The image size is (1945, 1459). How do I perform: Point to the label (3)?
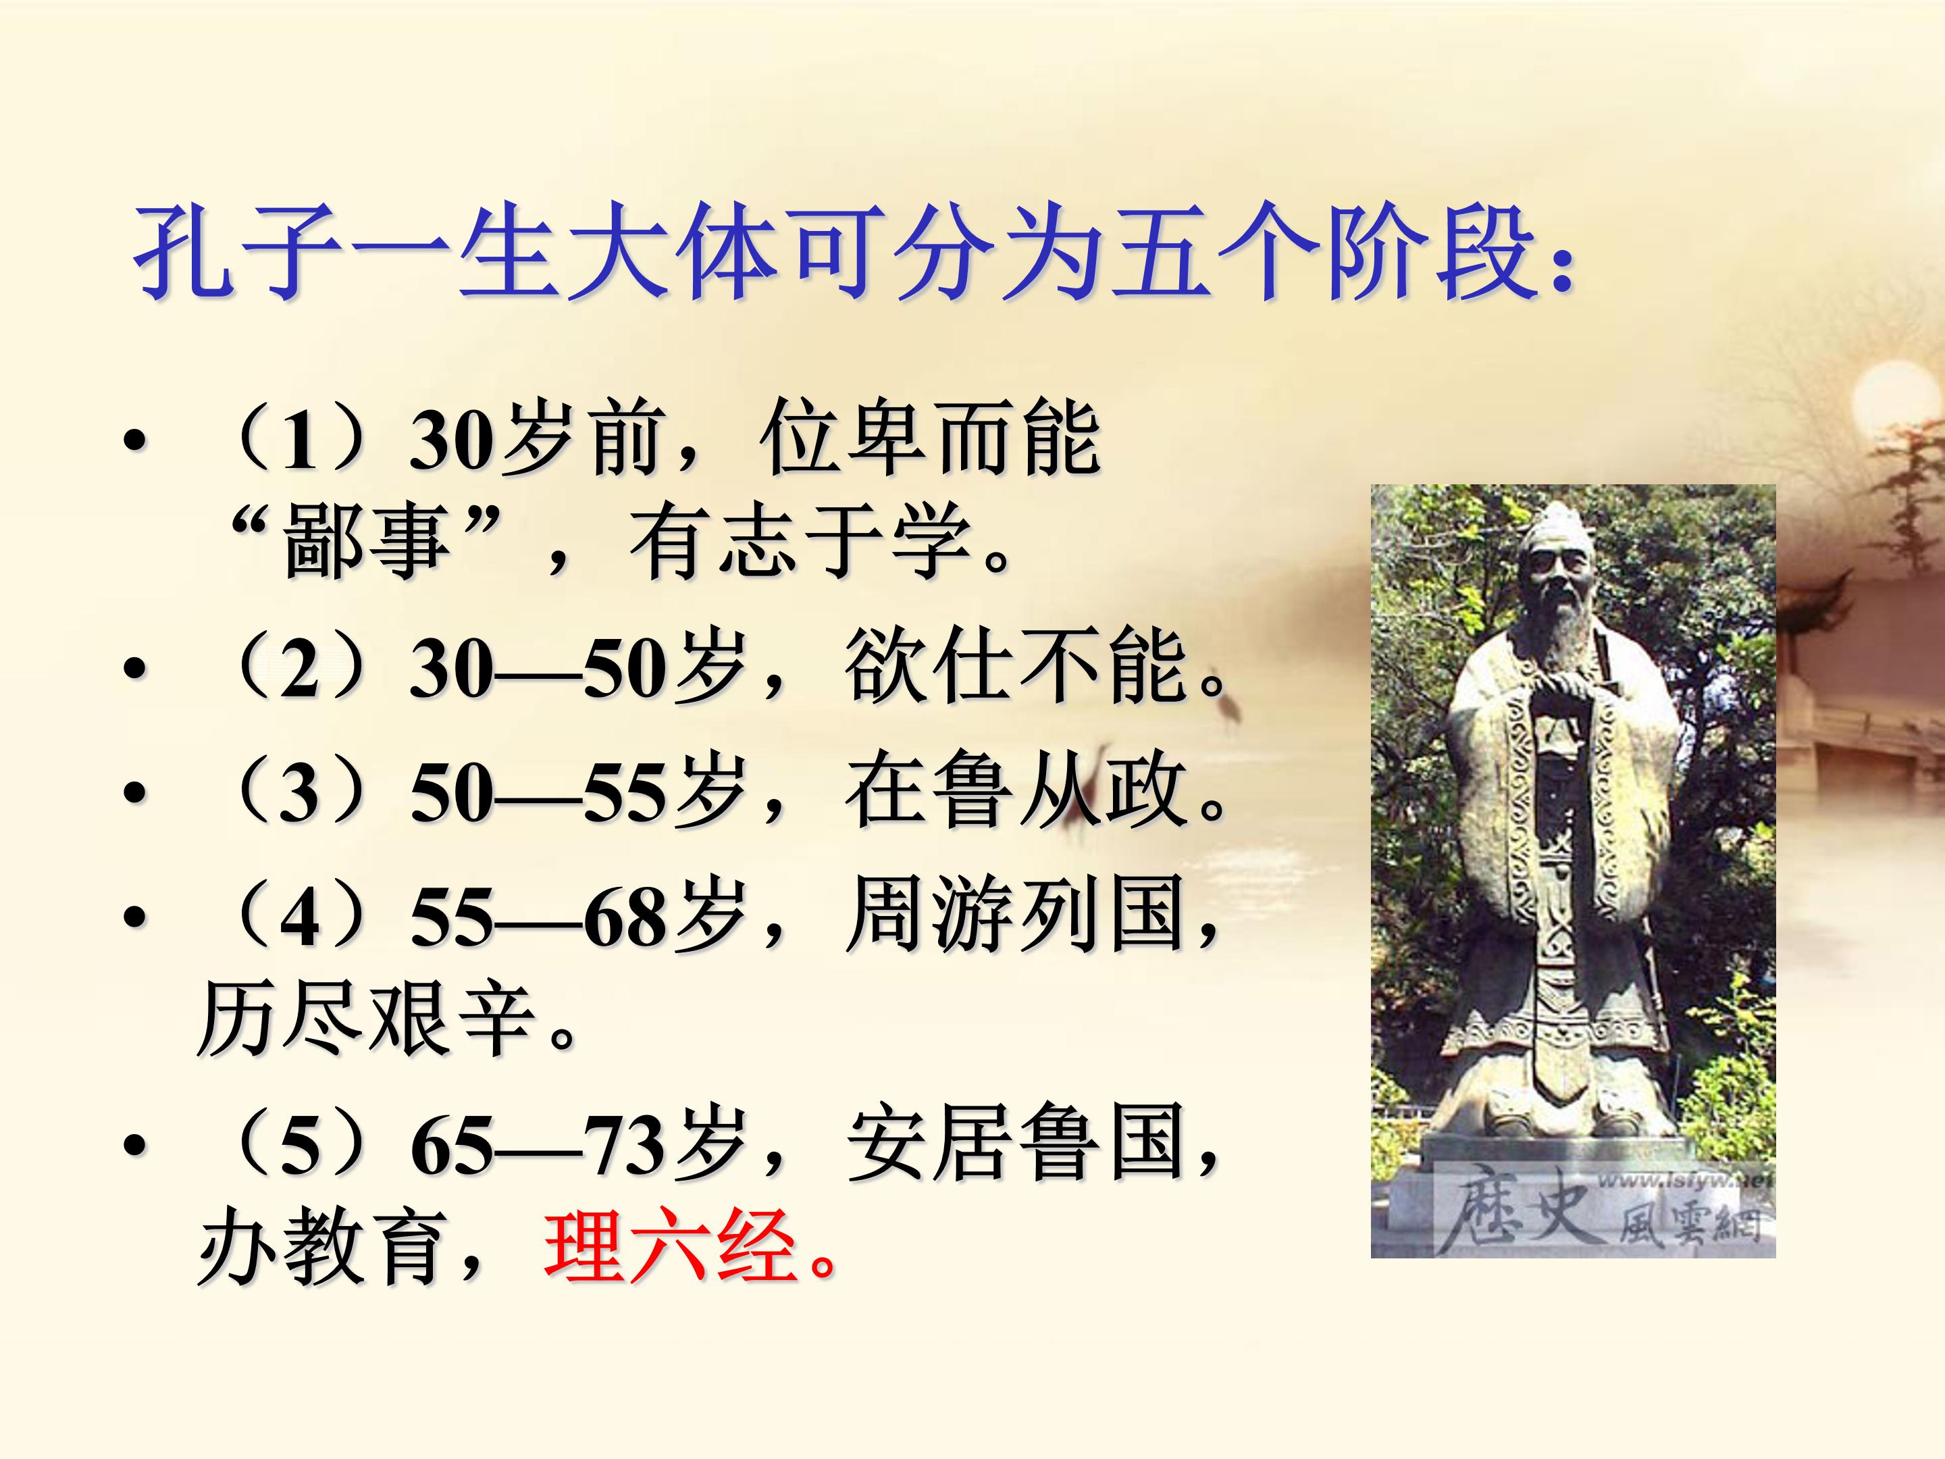299,792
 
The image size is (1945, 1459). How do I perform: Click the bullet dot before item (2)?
133,670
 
